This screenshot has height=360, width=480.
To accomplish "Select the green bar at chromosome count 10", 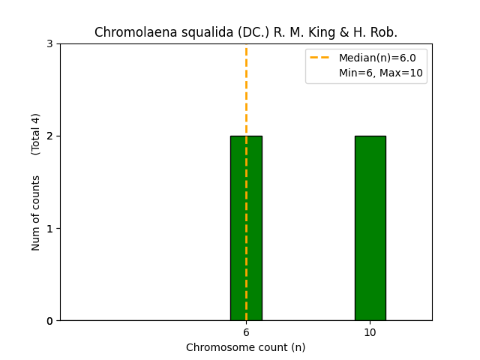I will (370, 228).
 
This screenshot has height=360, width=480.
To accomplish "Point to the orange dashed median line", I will (246, 90).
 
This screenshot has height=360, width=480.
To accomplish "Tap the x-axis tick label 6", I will (246, 332).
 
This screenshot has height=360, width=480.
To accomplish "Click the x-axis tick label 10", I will (370, 332).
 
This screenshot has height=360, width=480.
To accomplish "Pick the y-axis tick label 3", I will (49, 43).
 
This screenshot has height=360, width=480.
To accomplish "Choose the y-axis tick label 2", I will (49, 136).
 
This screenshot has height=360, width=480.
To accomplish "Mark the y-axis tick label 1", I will (49, 228).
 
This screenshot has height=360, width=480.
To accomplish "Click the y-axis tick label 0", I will (49, 321).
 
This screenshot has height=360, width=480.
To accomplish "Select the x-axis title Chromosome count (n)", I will (246, 347).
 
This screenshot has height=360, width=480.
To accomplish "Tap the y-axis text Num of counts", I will (36, 213).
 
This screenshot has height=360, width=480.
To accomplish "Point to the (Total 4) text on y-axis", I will (36, 134).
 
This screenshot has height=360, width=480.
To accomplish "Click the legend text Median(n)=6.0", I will (377, 58).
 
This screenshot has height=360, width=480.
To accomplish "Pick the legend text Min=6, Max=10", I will (381, 73).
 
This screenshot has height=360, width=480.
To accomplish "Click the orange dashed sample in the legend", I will (321, 58).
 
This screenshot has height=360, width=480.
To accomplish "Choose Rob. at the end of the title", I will (384, 33).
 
